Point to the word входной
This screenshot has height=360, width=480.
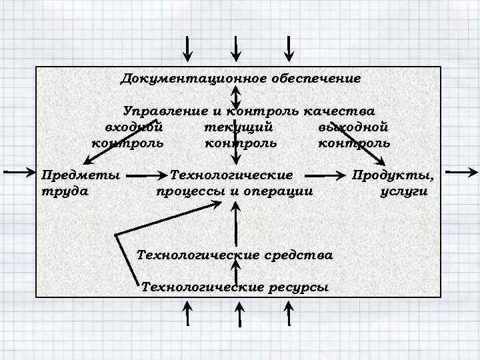(133, 127)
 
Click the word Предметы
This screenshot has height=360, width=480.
(81, 175)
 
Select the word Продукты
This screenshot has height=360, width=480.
(393, 175)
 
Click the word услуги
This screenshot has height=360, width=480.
(404, 191)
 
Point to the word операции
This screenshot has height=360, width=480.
(279, 191)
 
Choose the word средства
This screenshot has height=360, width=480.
(298, 255)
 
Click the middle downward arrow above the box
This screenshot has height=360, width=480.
(237, 48)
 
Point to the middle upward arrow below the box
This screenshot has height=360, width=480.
(237, 313)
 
